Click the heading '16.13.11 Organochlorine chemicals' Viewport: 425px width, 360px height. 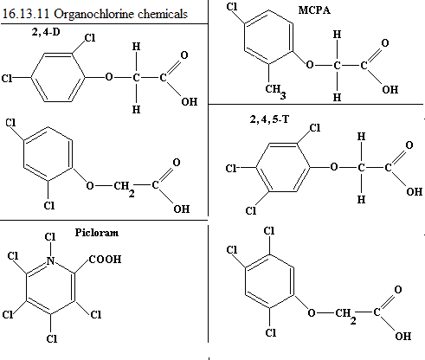point(95,14)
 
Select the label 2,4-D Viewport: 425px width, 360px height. point(46,32)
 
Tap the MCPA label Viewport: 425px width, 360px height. point(314,10)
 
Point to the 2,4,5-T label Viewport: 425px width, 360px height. point(269,119)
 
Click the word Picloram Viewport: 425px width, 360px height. point(97,233)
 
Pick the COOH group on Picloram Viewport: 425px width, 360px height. point(106,259)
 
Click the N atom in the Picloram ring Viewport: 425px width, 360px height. point(50,260)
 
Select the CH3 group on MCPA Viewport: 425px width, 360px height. point(275,91)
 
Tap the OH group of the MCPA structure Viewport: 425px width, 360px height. point(390,89)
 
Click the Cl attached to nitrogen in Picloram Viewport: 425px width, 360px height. point(50,237)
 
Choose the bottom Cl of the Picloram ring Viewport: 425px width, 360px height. point(52,338)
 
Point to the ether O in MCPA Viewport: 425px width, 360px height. point(310,65)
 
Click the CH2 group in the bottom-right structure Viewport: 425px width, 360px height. point(345,315)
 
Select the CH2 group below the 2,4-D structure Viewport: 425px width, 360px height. point(124,188)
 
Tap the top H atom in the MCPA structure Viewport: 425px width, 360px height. point(337,35)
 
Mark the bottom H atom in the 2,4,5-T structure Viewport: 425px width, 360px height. point(361,199)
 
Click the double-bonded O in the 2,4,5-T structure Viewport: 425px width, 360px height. point(409,145)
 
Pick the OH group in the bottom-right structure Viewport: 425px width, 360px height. point(403,336)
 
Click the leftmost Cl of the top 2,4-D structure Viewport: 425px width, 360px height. point(7,78)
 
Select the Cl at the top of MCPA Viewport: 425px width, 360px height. point(232,6)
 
